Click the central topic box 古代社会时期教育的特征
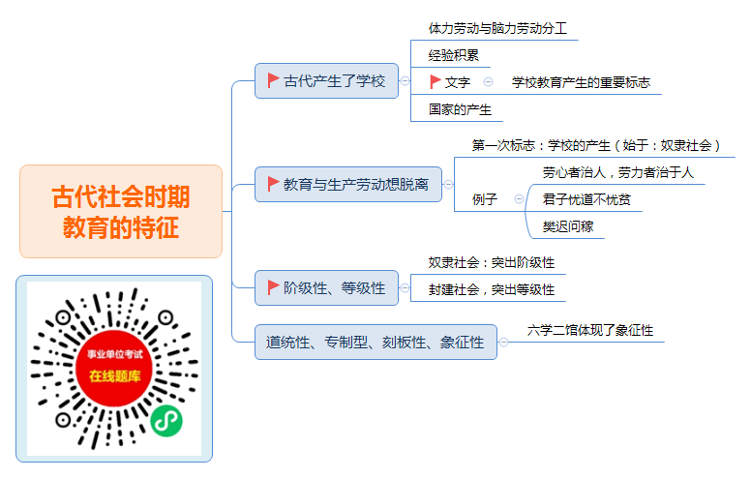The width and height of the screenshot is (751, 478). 121,212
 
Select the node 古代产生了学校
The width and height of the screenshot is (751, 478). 326,81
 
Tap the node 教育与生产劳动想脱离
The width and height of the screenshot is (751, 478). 348,185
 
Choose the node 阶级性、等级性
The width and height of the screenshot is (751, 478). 326,287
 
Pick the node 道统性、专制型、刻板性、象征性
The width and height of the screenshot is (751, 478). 375,342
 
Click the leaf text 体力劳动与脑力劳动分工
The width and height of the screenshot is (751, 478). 497,29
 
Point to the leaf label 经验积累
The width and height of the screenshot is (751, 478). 454,55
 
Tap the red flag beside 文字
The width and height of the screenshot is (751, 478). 435,82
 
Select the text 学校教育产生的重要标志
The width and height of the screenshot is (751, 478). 581,82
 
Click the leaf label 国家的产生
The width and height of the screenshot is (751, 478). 460,109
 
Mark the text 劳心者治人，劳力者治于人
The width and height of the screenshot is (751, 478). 617,172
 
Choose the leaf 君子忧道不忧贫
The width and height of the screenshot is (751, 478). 586,199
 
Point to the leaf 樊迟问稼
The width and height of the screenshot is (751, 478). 567,226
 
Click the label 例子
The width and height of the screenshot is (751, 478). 485,199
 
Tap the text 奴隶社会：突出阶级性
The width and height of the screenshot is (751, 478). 492,262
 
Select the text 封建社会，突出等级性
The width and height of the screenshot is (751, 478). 492,289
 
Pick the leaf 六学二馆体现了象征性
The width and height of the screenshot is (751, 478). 590,330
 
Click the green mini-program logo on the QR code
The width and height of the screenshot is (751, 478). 166,421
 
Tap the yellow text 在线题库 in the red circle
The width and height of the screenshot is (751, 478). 115,376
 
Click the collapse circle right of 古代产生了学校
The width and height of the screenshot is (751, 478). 405,81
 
